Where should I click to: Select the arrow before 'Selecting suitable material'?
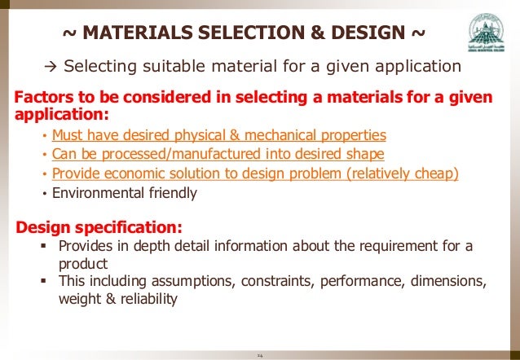tap(50, 66)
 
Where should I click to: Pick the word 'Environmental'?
tap(99, 193)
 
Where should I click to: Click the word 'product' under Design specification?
tap(82, 264)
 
